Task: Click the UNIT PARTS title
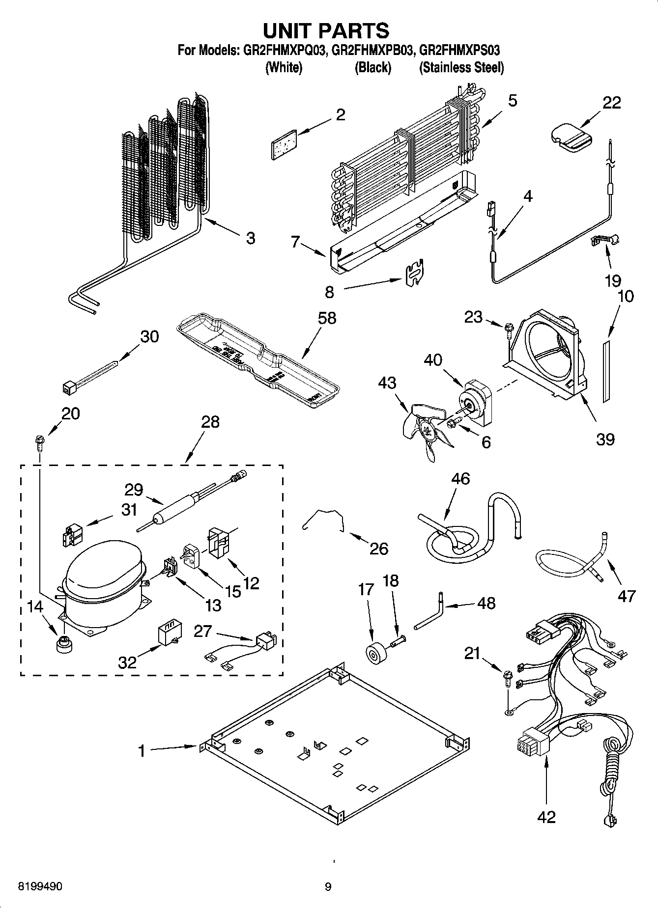click(326, 30)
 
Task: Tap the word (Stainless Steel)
click(461, 68)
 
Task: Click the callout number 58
click(327, 318)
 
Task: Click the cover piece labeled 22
click(570, 137)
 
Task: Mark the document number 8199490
click(40, 887)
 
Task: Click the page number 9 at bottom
click(328, 887)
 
